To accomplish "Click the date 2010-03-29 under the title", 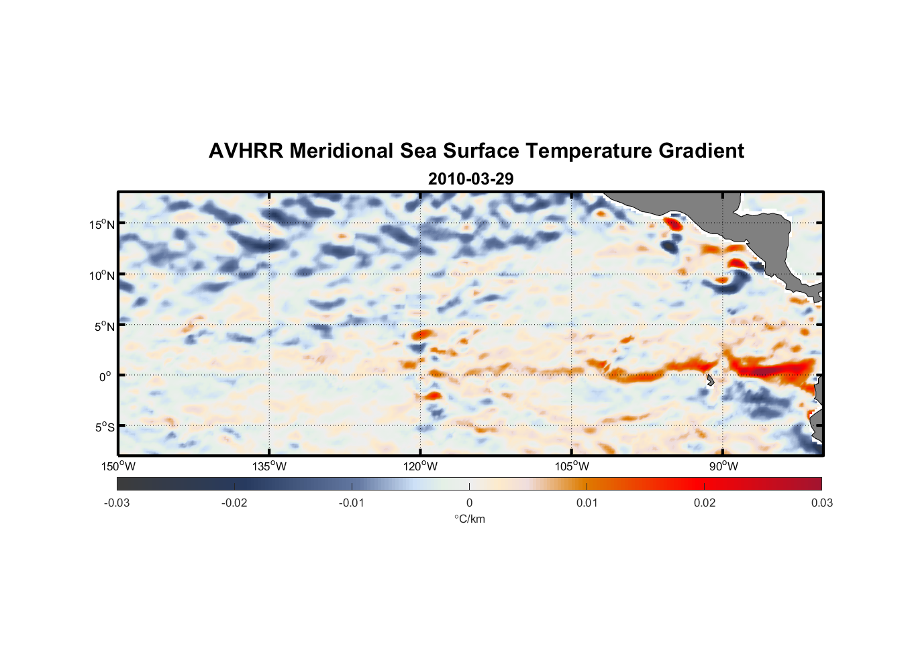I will coord(470,179).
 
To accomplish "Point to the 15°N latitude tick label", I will coord(102,224).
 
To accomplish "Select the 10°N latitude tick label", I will coord(102,275).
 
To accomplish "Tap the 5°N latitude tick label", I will coord(104,326).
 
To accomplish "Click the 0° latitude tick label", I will coord(105,376).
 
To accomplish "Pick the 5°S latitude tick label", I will coord(104,427).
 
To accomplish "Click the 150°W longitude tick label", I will coord(119,466).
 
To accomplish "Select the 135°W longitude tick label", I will coord(270,466).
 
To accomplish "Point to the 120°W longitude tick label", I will coord(421,466).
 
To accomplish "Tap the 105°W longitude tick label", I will coord(572,466).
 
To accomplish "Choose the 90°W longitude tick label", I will coord(723,466).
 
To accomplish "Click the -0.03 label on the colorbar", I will coord(117,503).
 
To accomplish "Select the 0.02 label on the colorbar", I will coord(705,503).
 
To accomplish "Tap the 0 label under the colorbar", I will coord(469,503).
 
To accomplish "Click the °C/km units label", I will coord(470,519).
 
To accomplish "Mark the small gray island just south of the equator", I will coord(710,380).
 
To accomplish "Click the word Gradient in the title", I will coord(701,151).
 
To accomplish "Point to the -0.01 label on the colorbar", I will coord(352,503).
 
